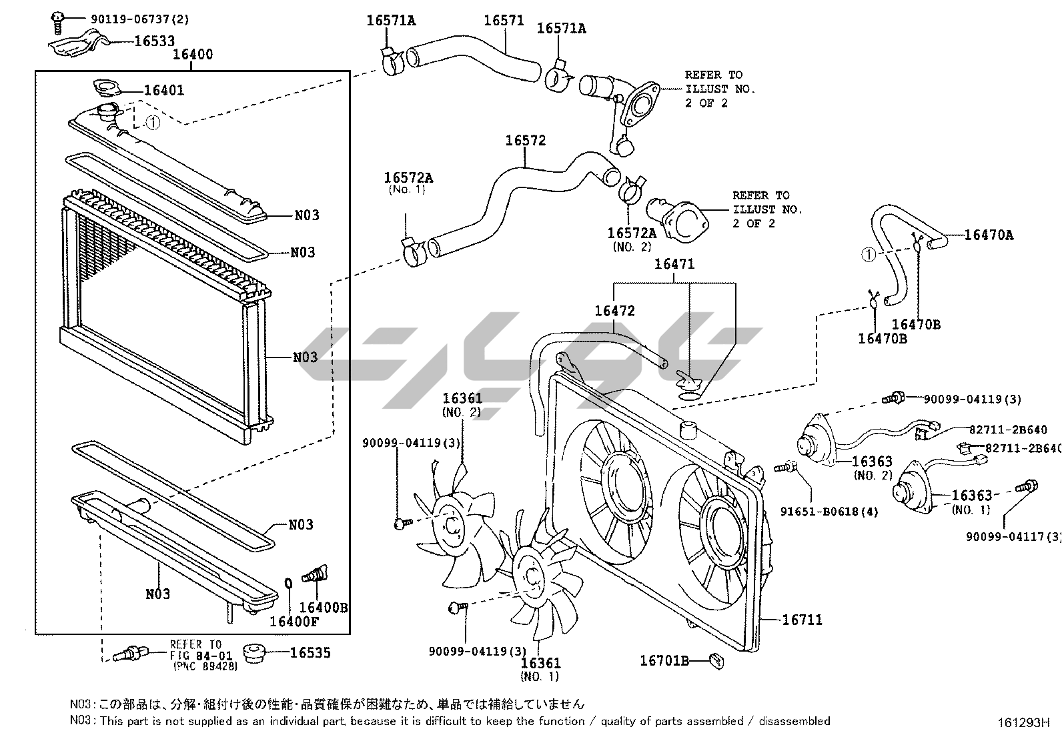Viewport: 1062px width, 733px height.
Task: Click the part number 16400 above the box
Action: click(x=193, y=54)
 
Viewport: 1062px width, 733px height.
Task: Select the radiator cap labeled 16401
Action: click(x=107, y=88)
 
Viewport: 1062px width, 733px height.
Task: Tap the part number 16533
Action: click(x=155, y=41)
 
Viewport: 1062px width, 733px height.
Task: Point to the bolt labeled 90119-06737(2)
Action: click(x=57, y=22)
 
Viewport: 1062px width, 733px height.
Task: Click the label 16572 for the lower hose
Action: click(x=525, y=140)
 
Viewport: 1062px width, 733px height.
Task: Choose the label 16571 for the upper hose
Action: click(x=504, y=21)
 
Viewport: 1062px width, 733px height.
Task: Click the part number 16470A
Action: click(x=989, y=235)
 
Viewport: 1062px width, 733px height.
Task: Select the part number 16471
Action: click(x=674, y=264)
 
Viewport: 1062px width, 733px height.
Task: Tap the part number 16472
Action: click(x=614, y=311)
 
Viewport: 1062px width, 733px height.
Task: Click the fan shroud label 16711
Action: click(x=803, y=620)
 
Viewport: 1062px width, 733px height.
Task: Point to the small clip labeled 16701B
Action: click(x=717, y=660)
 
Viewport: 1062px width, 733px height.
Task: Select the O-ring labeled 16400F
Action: click(x=288, y=584)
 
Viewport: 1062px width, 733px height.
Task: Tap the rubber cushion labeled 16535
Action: click(x=254, y=653)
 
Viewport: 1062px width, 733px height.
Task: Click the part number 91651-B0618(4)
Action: click(x=829, y=512)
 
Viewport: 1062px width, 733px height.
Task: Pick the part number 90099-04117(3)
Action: click(x=1014, y=537)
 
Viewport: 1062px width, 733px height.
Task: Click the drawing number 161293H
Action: click(x=1023, y=722)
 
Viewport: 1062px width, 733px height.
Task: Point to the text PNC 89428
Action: click(x=205, y=666)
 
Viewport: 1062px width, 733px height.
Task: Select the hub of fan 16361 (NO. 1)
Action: click(x=532, y=578)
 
